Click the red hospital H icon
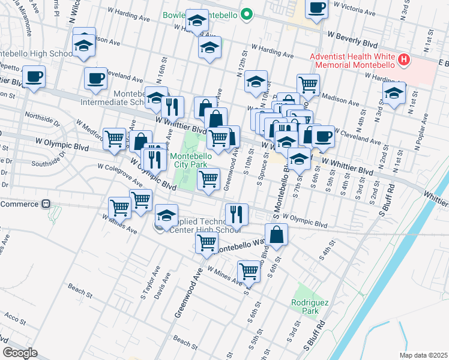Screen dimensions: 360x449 404,60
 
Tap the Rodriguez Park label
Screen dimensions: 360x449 310,307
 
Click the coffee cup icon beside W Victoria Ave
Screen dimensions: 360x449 316,9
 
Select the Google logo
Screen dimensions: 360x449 20,352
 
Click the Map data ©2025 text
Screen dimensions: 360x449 423,355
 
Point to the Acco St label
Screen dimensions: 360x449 13,316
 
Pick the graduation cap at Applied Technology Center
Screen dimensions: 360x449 166,215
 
